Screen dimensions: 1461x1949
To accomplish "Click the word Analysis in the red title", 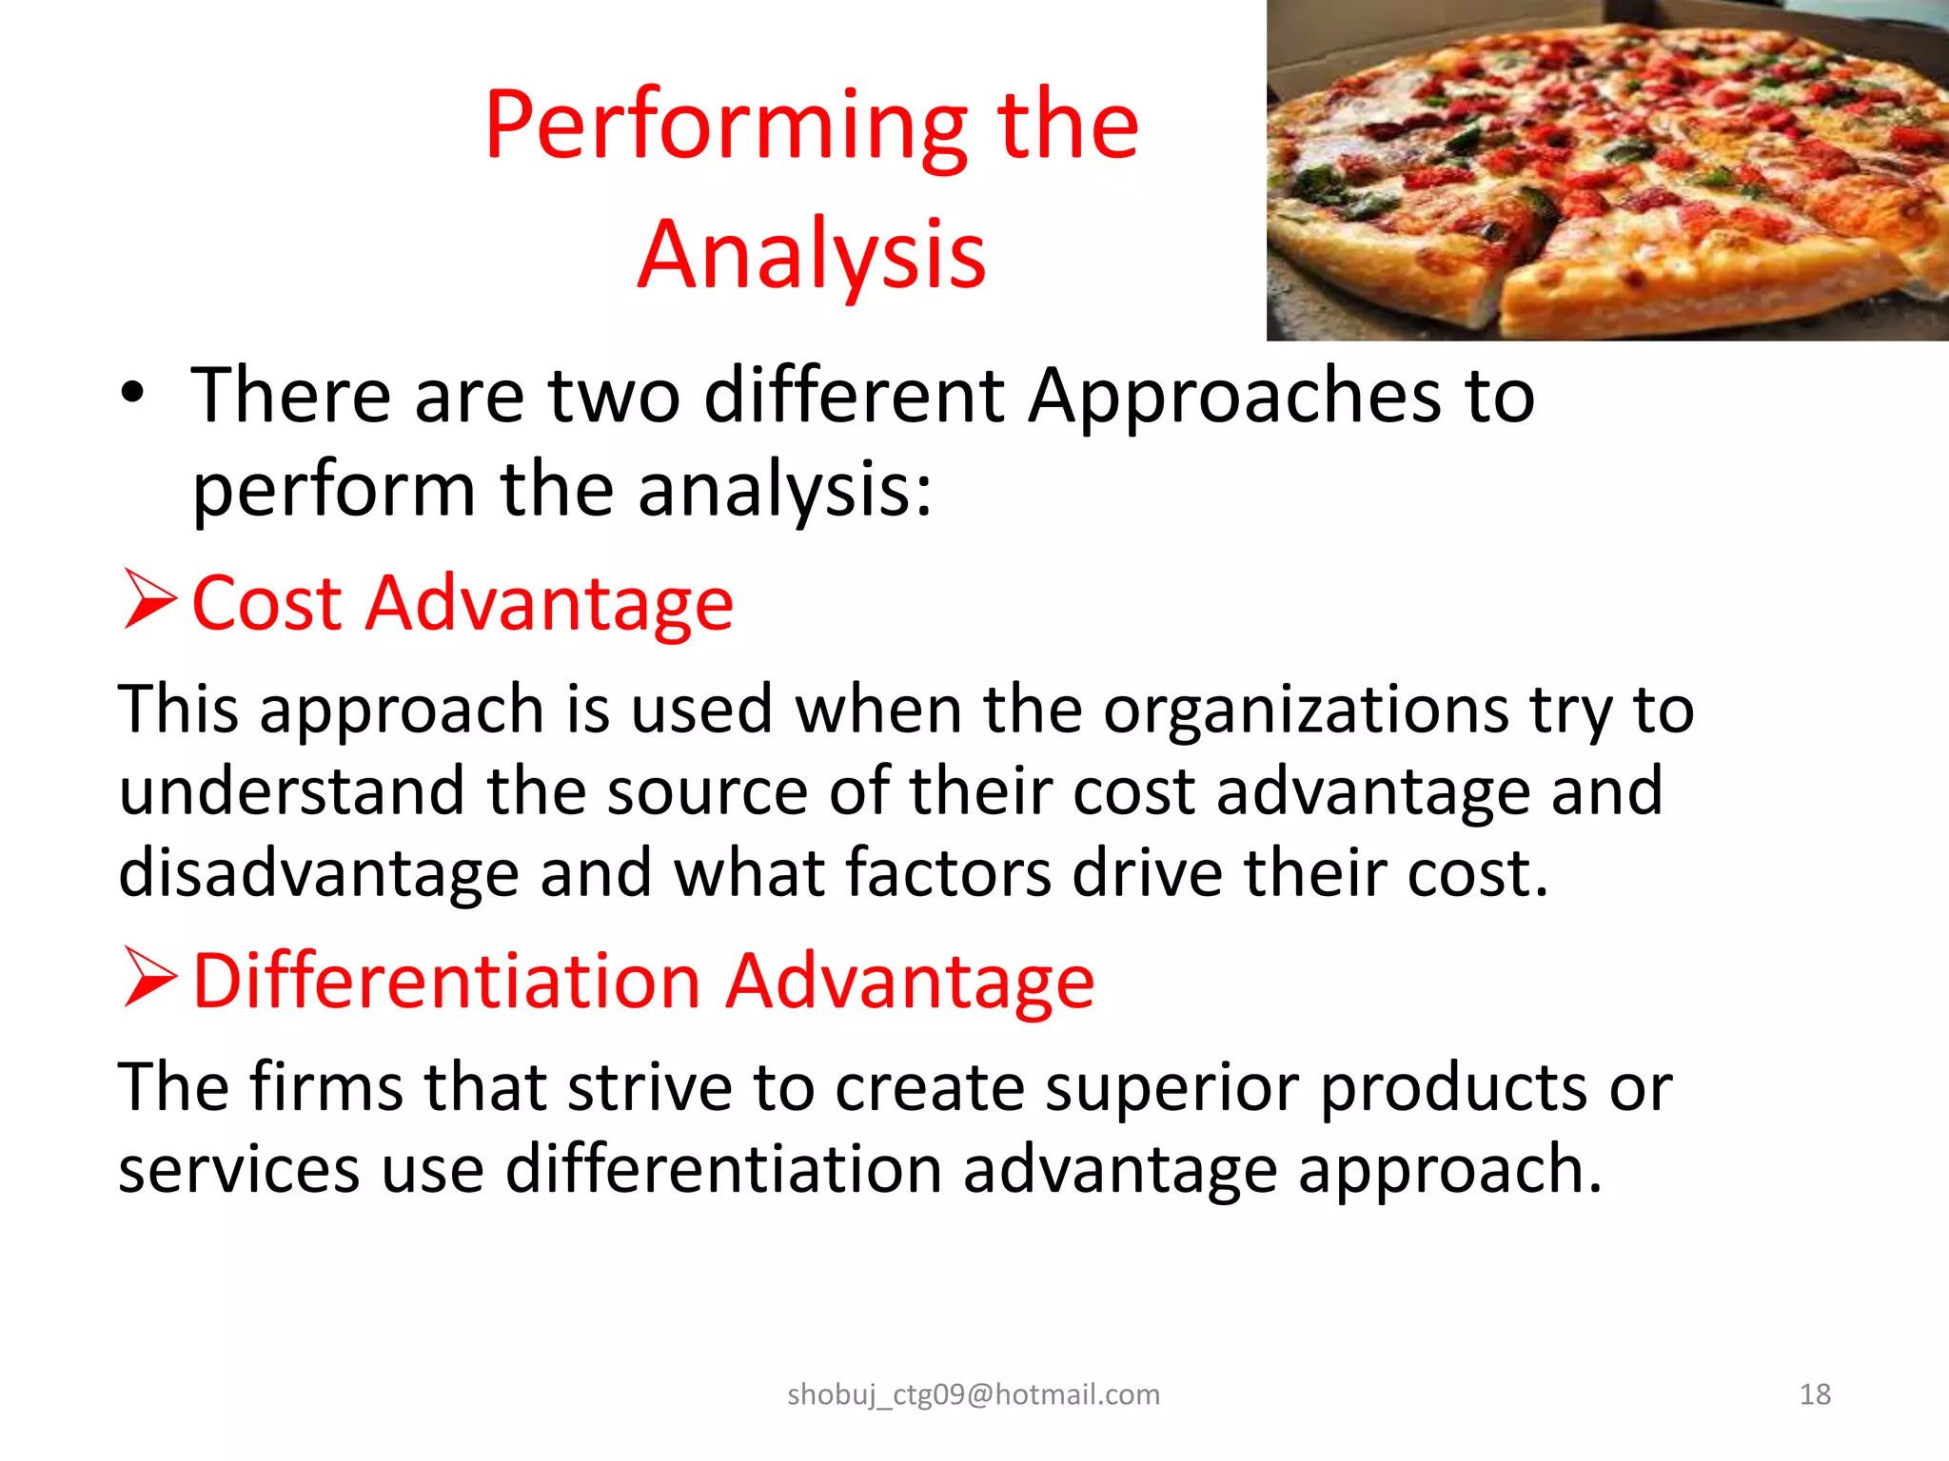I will (812, 255).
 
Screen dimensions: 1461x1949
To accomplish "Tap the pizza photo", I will (1606, 170).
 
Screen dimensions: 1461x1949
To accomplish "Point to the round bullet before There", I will (133, 393).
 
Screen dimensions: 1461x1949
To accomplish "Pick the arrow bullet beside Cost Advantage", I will (149, 599).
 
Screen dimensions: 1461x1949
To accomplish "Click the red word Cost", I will (266, 603).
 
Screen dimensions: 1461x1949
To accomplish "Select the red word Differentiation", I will (447, 981).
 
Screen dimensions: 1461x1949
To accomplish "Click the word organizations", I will (1306, 711).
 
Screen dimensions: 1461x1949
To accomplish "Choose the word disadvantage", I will (318, 873).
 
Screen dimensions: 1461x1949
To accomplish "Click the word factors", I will (948, 873).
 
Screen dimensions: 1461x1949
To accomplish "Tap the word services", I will (239, 1170).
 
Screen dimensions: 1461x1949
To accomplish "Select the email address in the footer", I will (974, 1394).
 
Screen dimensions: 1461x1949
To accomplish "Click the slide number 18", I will (1815, 1394).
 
